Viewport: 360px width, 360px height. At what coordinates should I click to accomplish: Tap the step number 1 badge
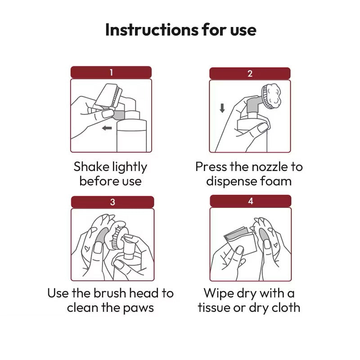coord(111,72)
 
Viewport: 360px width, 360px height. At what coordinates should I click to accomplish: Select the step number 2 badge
coord(250,73)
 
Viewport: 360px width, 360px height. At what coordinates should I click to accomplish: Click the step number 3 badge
coord(112,202)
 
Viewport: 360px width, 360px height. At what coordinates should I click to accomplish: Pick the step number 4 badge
coord(251,201)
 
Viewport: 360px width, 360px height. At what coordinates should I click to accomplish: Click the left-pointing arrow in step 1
coord(107,128)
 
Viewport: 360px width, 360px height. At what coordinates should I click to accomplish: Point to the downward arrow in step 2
coord(222,108)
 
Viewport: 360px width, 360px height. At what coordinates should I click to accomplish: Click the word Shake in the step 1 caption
coord(91,166)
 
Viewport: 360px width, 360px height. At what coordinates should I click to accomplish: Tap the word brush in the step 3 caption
coord(110,293)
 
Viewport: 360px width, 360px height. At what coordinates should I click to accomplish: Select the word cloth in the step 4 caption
coord(286,308)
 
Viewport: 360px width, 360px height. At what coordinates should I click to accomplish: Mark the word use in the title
coord(243,31)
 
